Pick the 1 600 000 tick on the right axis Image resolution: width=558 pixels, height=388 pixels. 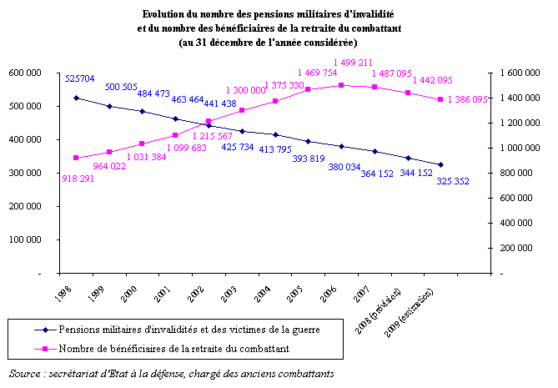coord(520,73)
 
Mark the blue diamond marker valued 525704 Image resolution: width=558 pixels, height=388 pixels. coord(76,98)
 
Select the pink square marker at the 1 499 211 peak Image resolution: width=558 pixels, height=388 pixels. coord(341,85)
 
